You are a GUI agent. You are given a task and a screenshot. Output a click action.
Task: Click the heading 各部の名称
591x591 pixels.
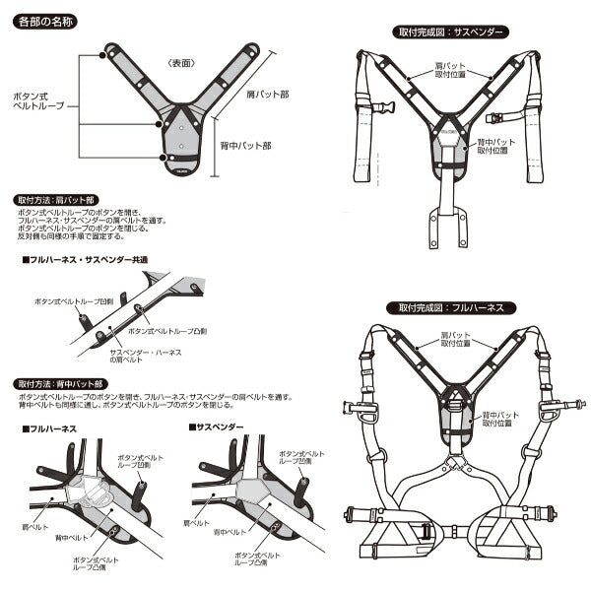pos(48,19)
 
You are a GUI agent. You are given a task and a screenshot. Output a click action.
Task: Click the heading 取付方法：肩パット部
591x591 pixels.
pos(58,198)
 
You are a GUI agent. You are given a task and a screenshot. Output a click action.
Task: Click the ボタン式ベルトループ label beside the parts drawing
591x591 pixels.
pos(37,98)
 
